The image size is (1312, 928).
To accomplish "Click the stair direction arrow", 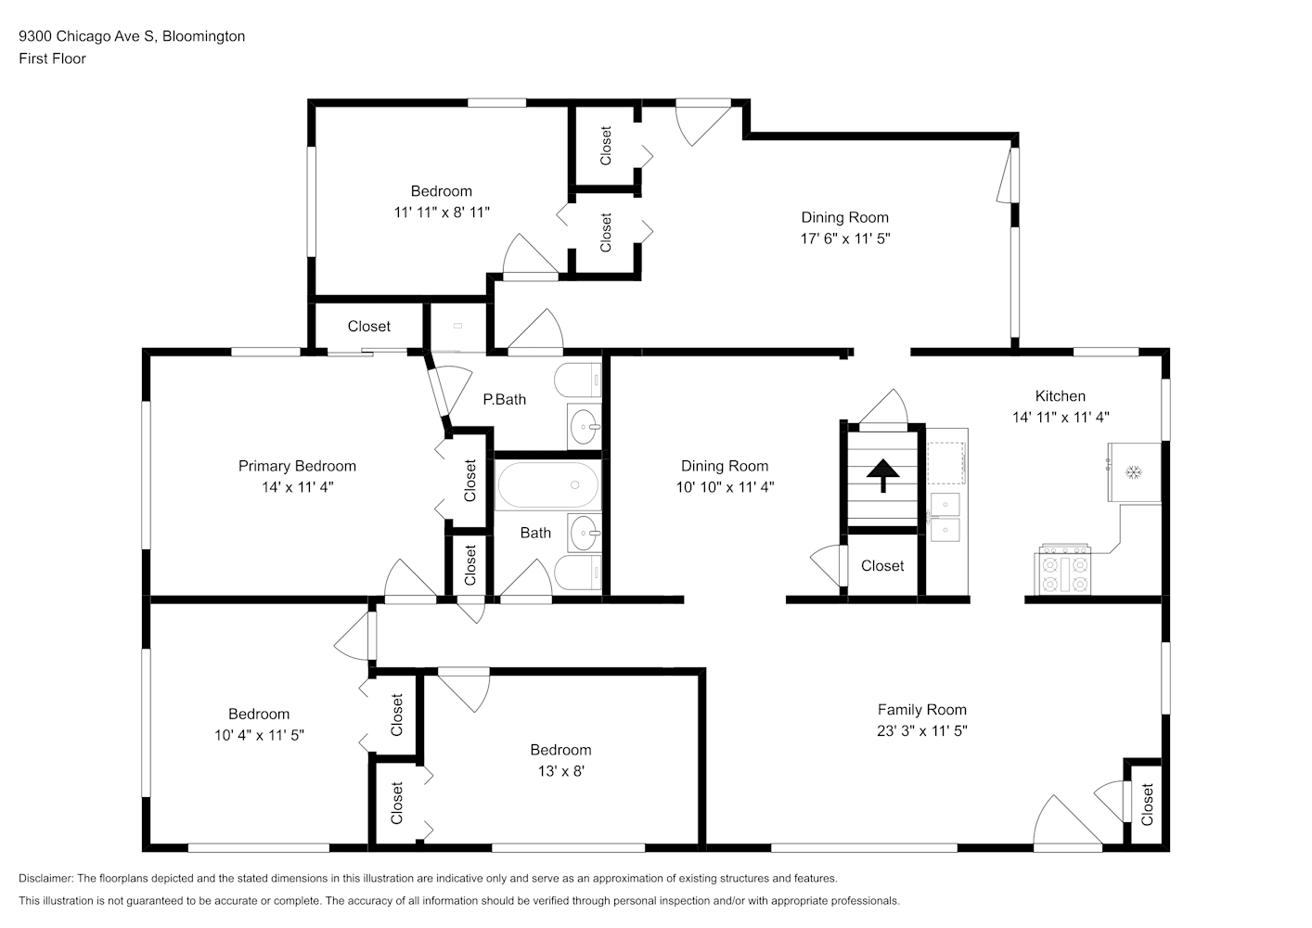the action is pos(882,475).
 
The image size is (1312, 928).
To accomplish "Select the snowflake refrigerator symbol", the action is pos(1135,472).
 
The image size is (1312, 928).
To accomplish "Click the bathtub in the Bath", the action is pos(548,485).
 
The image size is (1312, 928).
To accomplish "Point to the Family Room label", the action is pos(922,710).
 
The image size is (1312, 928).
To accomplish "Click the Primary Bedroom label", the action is pos(297,466).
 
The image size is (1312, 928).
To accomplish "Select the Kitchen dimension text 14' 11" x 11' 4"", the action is pos(1061,417).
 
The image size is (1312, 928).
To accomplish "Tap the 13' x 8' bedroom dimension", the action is pos(561,771).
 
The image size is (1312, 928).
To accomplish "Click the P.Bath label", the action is pos(505,400).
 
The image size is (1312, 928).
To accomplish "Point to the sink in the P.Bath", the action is pos(585,426).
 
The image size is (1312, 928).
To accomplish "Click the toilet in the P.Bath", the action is pos(578,380).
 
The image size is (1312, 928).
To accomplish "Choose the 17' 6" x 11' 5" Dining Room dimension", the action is pos(845,238).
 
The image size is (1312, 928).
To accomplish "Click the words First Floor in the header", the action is pos(52,58).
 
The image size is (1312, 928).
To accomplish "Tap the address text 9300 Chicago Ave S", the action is pos(87,36).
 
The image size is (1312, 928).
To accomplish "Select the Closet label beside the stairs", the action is pos(882,565).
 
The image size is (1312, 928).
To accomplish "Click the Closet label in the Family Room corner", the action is pos(1147,805).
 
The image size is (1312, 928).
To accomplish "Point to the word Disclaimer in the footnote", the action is pos(45,878).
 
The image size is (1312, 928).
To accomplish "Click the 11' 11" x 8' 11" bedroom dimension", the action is pos(442,213).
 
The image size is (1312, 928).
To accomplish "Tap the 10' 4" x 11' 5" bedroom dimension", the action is pos(259,735).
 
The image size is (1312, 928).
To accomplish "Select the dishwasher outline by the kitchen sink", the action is pos(946,463).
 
